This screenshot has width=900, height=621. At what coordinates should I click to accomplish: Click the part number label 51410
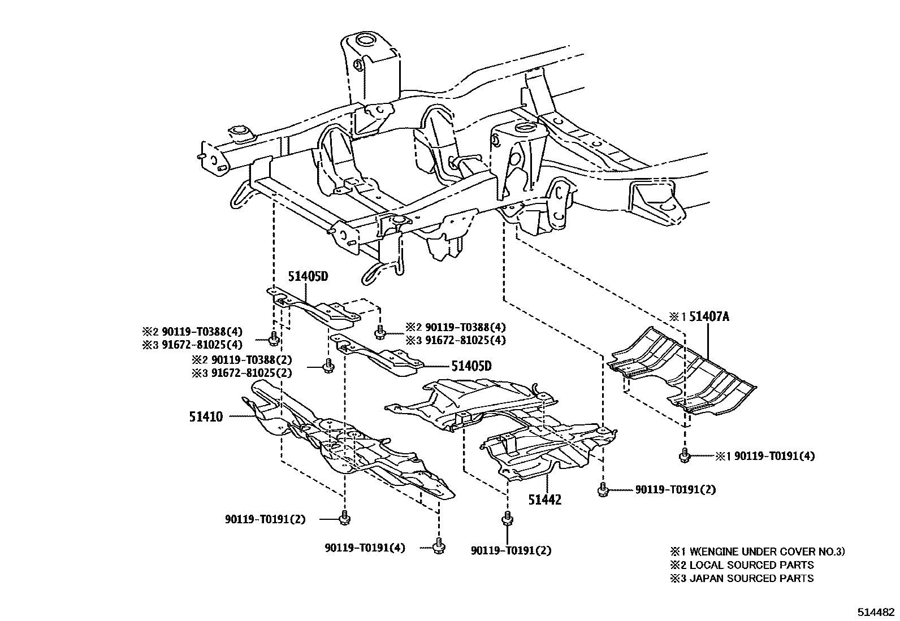coord(206,417)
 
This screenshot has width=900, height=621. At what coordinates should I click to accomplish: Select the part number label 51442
coord(545,500)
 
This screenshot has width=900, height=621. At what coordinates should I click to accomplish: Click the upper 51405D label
coord(308,277)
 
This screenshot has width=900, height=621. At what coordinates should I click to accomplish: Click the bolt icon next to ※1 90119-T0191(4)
coord(685,455)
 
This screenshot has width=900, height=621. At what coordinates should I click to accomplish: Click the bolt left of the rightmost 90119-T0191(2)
coord(603,489)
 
